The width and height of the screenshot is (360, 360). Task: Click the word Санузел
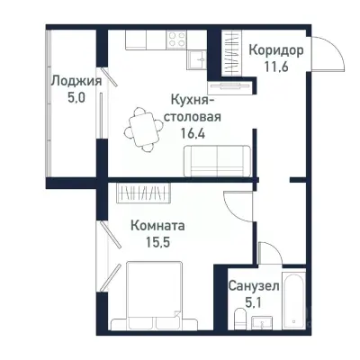coord(253,285)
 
